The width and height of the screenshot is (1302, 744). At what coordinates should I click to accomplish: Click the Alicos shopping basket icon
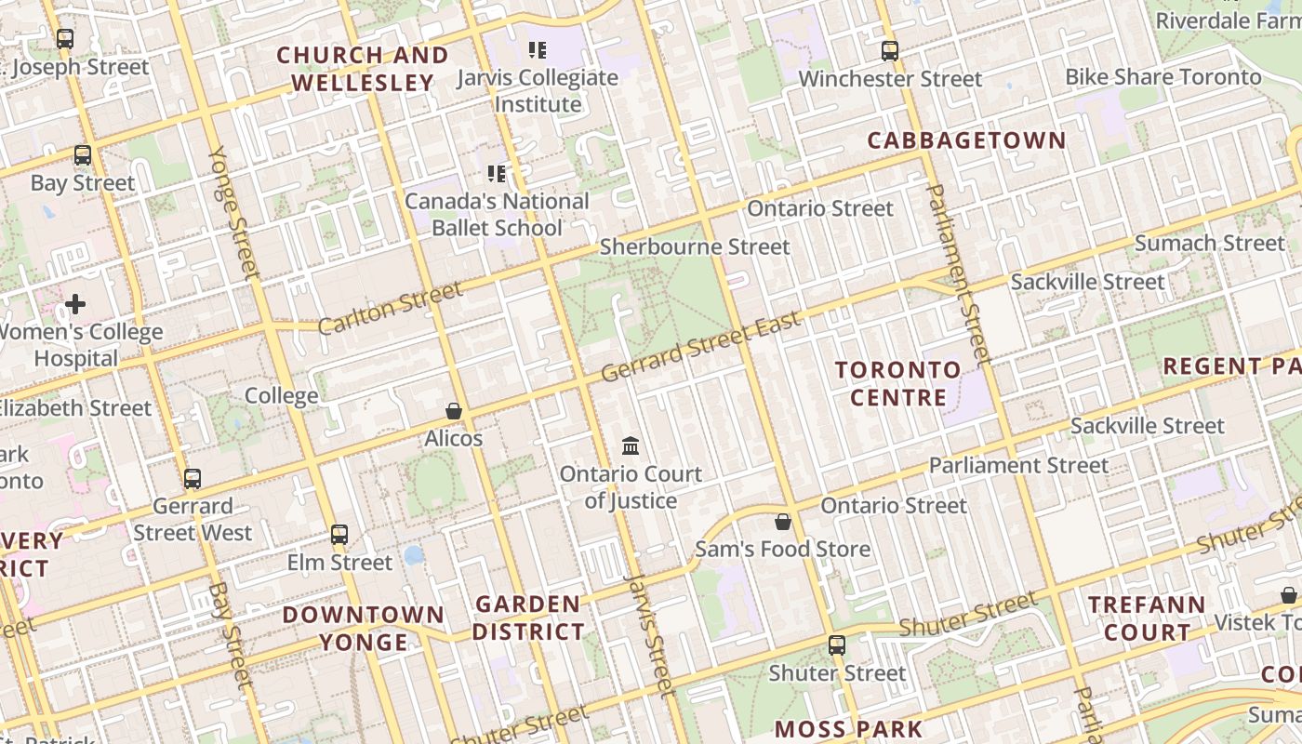[x=454, y=411]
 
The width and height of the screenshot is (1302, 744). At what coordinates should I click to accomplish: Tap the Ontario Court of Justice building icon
[x=631, y=446]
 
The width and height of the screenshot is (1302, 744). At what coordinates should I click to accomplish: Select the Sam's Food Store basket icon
[x=783, y=522]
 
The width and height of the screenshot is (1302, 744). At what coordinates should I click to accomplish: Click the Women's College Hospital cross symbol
[x=75, y=304]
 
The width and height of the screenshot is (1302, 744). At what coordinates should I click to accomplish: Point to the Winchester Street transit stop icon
[x=890, y=51]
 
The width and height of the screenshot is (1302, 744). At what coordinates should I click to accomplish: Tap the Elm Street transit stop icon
[x=339, y=535]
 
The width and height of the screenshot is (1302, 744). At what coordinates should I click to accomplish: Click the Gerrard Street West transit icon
[x=193, y=479]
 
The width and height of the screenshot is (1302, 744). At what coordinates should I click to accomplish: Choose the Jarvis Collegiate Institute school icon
[x=538, y=50]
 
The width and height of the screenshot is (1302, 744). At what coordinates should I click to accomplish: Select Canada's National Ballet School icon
[x=498, y=174]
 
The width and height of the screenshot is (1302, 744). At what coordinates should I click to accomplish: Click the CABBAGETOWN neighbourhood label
[x=966, y=140]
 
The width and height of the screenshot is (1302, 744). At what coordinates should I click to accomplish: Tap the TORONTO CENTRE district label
[x=897, y=383]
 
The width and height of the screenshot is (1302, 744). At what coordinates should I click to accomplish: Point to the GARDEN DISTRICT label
[x=528, y=618]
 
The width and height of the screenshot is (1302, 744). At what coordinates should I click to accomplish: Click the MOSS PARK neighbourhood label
[x=848, y=728]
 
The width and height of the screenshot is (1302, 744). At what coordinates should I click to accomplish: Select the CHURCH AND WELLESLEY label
[x=363, y=69]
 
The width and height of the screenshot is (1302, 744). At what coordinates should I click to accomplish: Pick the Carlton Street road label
[x=390, y=309]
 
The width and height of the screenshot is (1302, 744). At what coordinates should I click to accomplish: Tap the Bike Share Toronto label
[x=1162, y=76]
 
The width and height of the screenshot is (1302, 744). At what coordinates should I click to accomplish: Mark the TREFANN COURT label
[x=1146, y=618]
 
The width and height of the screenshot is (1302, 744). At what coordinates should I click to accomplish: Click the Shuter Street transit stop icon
[x=837, y=645]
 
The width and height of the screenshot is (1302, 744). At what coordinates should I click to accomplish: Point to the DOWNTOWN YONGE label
[x=364, y=628]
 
